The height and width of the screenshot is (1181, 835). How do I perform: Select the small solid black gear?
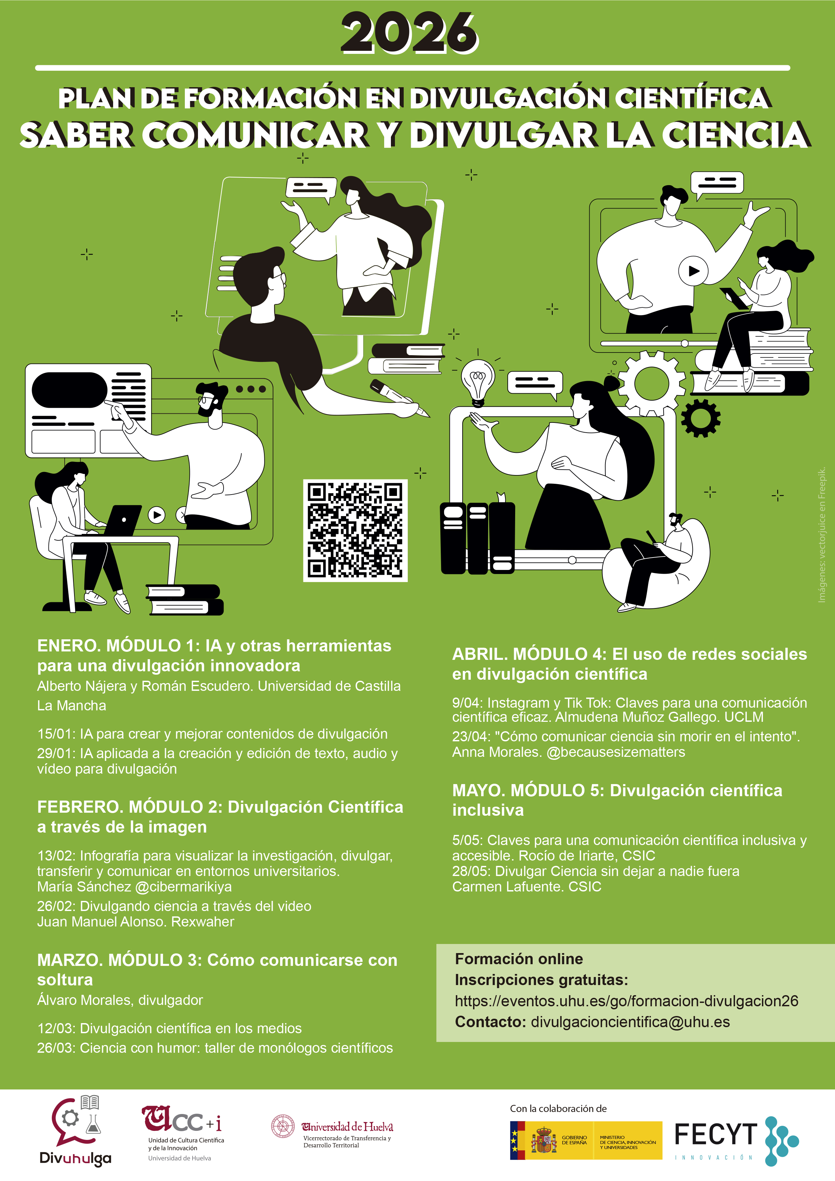[700, 418]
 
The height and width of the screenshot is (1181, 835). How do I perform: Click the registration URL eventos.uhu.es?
[626, 1001]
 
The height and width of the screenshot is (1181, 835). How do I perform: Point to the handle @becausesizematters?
[616, 752]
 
